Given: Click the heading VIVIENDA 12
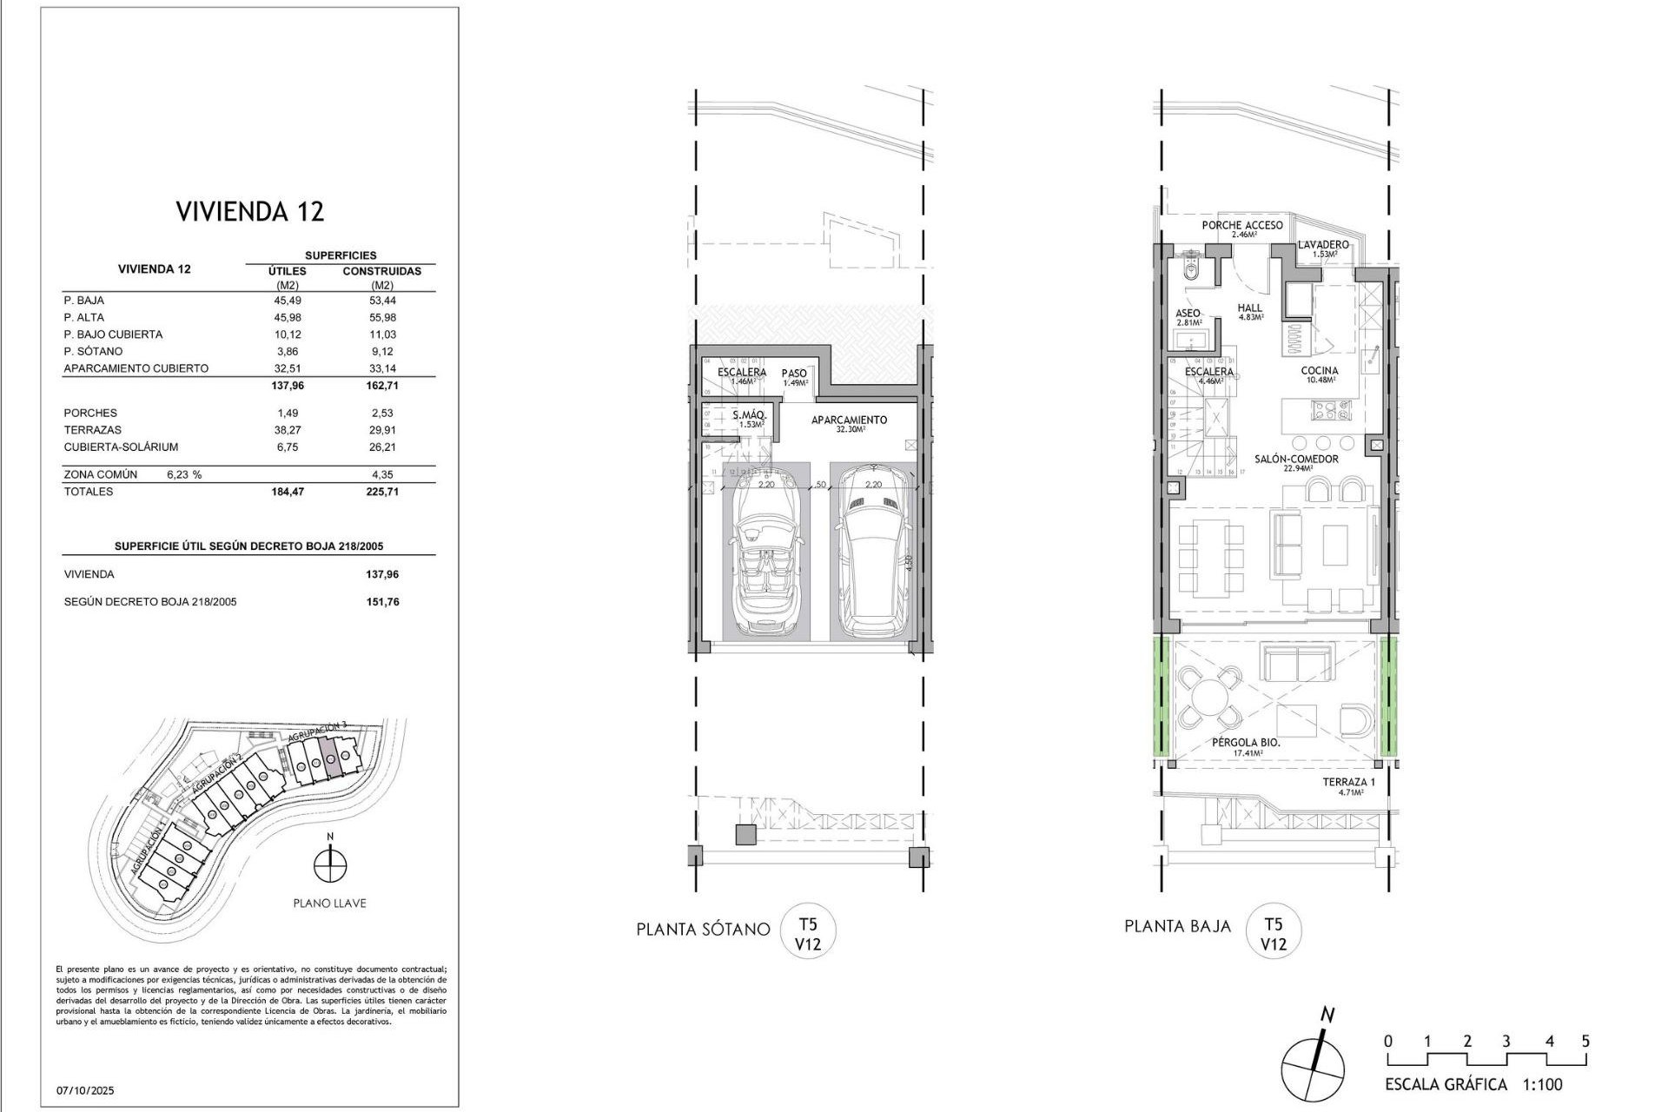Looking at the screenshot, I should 249,211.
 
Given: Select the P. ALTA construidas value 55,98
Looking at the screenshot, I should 382,317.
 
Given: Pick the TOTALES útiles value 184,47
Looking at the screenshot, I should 288,492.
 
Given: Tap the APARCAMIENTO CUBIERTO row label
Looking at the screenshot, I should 136,368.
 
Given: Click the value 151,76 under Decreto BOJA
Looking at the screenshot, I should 382,602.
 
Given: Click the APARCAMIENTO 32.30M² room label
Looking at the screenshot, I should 849,423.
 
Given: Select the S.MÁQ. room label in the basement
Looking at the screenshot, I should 748,419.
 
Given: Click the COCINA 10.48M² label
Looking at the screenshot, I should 1319,374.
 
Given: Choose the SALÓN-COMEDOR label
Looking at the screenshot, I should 1295,462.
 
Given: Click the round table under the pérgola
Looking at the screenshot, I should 1210,696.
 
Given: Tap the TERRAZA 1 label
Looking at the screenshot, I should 1347,785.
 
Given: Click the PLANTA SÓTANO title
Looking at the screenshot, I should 703,930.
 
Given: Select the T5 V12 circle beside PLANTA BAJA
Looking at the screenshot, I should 1273,931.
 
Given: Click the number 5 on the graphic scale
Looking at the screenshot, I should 1585,1041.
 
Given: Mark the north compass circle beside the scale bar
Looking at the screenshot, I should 1312,1069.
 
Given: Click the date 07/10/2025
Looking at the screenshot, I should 85,1090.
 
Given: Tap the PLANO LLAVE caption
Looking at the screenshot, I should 329,903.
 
